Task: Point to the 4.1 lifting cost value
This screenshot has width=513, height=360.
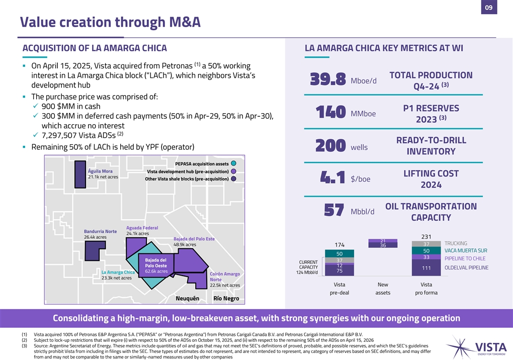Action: (x=332, y=178)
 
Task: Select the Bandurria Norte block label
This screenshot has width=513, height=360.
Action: (x=100, y=231)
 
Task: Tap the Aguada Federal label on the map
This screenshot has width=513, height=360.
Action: (x=142, y=228)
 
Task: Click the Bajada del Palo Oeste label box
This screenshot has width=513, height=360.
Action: (x=156, y=265)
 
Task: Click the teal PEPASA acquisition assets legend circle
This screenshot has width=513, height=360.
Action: (x=235, y=163)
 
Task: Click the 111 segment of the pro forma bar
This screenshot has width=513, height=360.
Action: (x=426, y=268)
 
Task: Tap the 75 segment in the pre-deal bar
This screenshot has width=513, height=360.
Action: (x=339, y=271)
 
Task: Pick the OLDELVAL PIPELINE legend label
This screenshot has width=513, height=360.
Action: (x=466, y=268)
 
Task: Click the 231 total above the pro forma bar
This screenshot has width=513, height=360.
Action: (x=426, y=236)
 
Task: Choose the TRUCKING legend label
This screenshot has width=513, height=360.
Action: (x=456, y=243)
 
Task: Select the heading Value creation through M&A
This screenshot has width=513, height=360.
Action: (x=110, y=22)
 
